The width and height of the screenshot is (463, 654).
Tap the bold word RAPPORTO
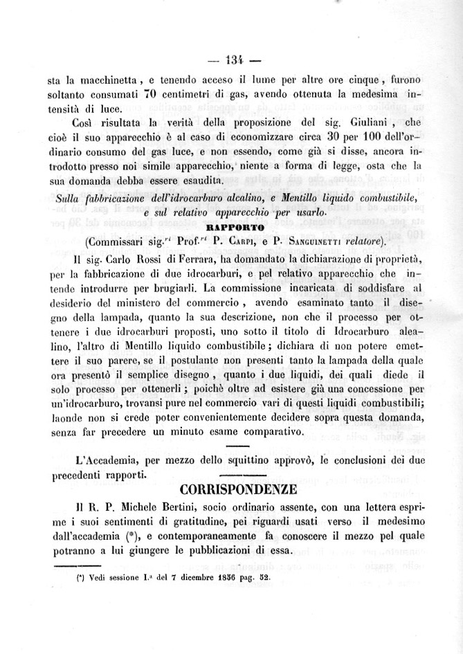(230, 226)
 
